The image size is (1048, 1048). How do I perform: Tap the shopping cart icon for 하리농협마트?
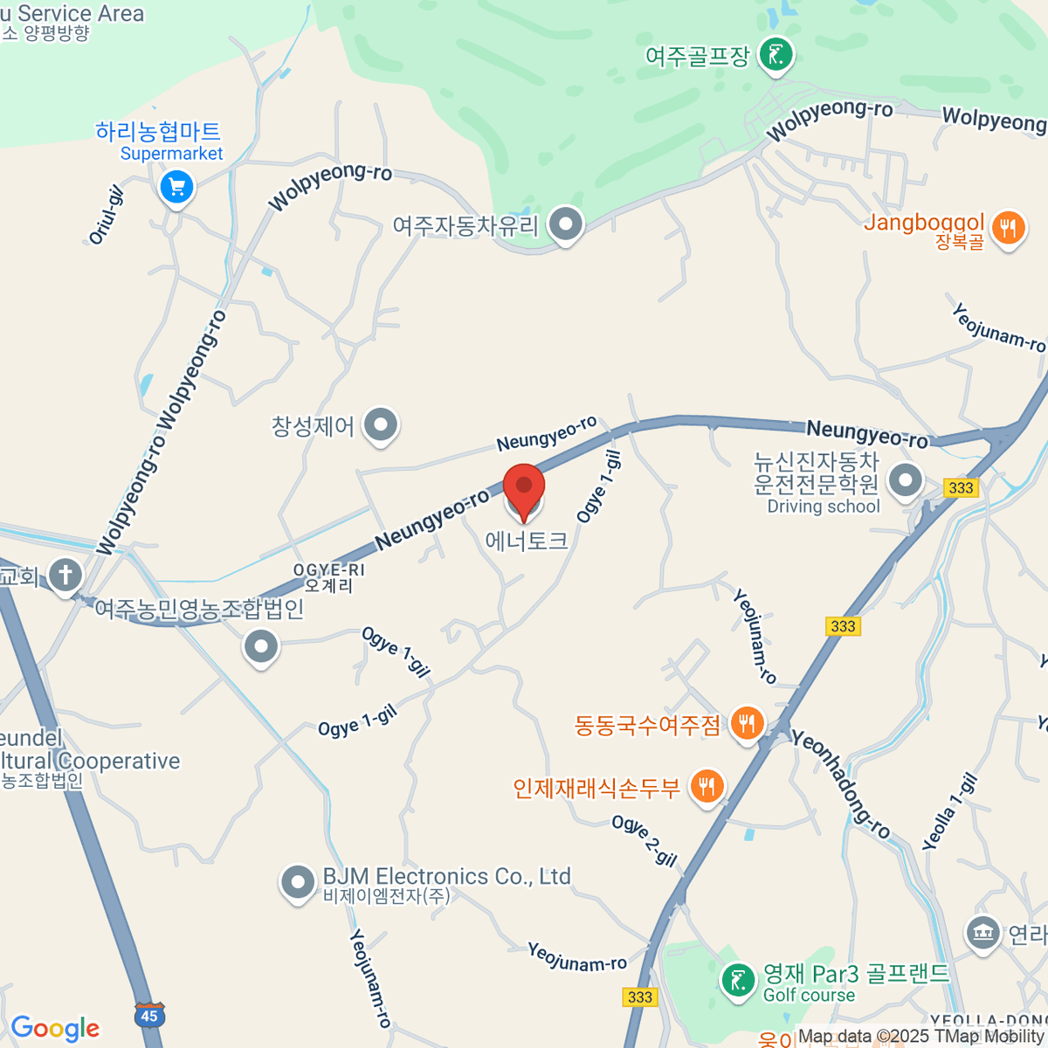click(177, 186)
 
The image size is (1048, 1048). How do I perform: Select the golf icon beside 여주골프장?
click(776, 56)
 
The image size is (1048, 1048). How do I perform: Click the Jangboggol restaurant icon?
click(1009, 229)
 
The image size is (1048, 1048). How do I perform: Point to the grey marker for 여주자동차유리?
click(566, 225)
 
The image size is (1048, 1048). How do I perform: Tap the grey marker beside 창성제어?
click(380, 426)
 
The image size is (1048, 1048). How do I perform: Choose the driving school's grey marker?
click(906, 479)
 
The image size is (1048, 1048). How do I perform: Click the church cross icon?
click(65, 576)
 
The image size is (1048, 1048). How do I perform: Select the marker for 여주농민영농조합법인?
click(260, 647)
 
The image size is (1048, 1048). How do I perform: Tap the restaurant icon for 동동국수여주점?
click(747, 724)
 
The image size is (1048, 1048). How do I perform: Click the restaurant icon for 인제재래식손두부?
click(707, 787)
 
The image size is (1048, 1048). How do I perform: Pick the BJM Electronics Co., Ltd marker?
click(298, 882)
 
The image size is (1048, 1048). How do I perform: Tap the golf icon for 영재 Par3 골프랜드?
click(739, 979)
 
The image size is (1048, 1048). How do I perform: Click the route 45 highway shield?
click(149, 1015)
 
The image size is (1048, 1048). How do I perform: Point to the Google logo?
click(55, 1029)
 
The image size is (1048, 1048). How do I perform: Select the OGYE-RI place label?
click(328, 577)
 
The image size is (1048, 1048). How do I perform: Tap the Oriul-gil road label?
click(107, 215)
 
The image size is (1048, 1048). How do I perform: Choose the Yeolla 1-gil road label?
click(950, 812)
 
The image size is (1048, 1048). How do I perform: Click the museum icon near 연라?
click(983, 933)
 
